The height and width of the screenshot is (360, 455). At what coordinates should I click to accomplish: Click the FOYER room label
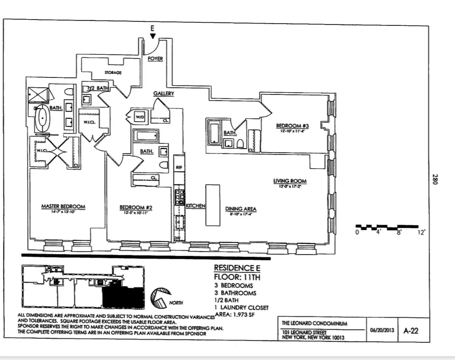point(155,59)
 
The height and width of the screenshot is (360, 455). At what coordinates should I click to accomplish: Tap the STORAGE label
point(113,72)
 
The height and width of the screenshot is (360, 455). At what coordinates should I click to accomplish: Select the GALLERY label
point(163,93)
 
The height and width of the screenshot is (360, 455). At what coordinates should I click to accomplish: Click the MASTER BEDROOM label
point(63,206)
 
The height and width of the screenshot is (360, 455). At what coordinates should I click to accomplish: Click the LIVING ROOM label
point(289,181)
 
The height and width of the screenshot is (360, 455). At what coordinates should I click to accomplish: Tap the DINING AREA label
point(240,209)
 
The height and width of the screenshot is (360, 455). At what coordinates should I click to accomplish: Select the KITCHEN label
point(195,206)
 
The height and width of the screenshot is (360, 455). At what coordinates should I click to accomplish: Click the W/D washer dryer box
point(140,117)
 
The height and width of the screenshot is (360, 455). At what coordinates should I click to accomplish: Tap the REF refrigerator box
point(179,168)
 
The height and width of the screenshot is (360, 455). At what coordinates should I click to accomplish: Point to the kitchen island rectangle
point(212,205)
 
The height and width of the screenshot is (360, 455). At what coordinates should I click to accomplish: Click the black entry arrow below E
point(153,36)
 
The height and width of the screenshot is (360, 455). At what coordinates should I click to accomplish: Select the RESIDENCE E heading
point(236,268)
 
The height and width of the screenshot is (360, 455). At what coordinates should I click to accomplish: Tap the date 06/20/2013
point(382,331)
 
